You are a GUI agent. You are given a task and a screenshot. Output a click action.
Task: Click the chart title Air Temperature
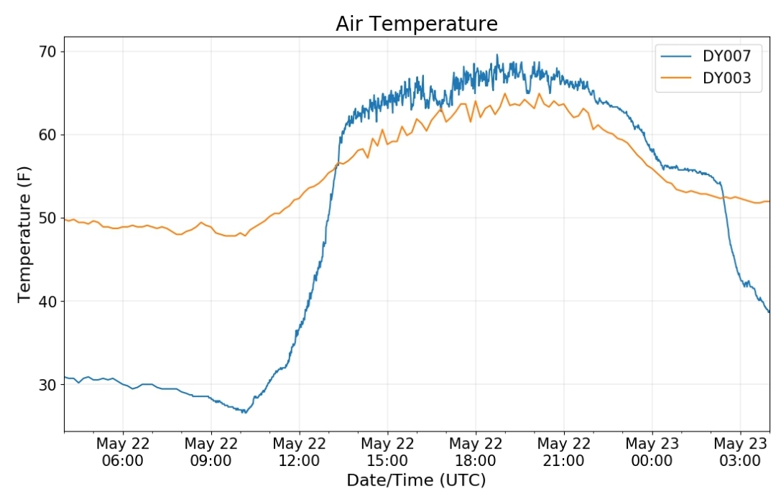(x=417, y=24)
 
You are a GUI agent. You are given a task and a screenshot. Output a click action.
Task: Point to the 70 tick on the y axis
(x=47, y=52)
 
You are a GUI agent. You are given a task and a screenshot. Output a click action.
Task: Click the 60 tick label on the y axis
(x=47, y=134)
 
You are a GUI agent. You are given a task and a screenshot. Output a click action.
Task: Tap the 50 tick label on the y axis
(x=47, y=218)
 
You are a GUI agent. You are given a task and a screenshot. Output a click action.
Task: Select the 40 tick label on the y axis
(x=47, y=301)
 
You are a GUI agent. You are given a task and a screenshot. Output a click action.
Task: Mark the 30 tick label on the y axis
(x=47, y=384)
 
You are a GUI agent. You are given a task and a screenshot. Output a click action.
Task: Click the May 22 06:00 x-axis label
(x=123, y=452)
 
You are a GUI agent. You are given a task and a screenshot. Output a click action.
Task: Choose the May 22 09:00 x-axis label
(x=211, y=452)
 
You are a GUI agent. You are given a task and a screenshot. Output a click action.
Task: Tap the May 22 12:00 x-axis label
(x=299, y=452)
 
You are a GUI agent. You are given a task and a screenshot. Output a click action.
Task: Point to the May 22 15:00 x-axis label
(x=387, y=452)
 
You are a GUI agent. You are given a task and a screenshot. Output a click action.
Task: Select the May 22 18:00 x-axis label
(x=476, y=452)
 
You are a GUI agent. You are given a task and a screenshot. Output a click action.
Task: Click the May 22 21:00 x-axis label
(x=564, y=452)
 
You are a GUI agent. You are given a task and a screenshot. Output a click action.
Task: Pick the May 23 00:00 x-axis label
(x=652, y=452)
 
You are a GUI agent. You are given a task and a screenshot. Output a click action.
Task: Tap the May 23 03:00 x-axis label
(x=740, y=452)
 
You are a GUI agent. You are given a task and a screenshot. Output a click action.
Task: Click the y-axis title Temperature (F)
(x=24, y=234)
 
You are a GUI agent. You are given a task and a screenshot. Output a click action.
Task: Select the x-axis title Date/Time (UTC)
(x=416, y=480)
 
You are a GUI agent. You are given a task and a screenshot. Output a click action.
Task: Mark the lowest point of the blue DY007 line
(x=245, y=412)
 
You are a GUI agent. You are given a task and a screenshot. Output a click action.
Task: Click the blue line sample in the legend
(x=676, y=57)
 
